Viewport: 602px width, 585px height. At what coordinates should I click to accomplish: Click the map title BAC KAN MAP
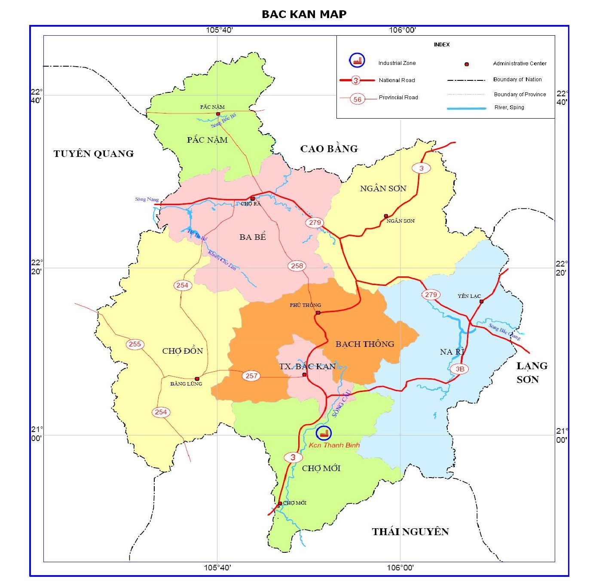(x=304, y=14)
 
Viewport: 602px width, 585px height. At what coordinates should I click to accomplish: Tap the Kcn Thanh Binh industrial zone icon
(x=324, y=433)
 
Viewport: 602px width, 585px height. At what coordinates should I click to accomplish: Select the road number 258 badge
(x=297, y=266)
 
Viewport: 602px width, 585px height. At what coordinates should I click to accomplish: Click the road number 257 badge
(x=251, y=376)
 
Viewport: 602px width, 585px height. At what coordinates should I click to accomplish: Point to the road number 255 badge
(x=135, y=344)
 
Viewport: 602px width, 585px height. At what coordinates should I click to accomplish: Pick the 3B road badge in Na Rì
(x=460, y=369)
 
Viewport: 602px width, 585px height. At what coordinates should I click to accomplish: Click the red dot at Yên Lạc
(x=481, y=301)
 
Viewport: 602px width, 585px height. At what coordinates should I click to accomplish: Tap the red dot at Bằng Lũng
(x=197, y=379)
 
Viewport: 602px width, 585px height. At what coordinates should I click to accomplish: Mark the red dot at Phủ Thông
(x=318, y=312)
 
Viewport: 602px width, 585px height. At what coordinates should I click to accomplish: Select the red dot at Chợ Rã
(x=253, y=199)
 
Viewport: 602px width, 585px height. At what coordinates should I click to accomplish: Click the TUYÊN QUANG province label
(x=94, y=154)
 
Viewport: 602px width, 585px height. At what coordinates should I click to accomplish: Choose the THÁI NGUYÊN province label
(x=410, y=532)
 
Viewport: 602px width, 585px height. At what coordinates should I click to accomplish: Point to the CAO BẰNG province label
(x=329, y=149)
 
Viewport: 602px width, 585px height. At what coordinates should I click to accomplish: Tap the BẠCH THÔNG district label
(x=365, y=344)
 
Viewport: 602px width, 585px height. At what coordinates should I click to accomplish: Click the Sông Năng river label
(x=147, y=199)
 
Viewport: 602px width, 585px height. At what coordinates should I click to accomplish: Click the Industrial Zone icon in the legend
(x=357, y=61)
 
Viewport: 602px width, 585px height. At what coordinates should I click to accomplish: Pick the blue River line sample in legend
(x=466, y=109)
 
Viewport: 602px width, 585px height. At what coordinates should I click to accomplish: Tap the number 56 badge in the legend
(x=358, y=99)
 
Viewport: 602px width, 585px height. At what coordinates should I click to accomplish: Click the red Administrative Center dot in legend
(x=467, y=64)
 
